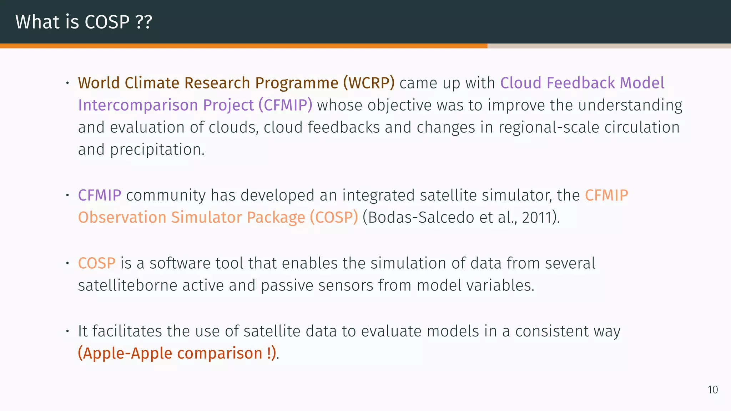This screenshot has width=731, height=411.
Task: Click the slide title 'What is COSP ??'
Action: [84, 22]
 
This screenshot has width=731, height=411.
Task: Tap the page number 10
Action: [712, 390]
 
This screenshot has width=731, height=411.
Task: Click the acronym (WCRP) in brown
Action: [369, 83]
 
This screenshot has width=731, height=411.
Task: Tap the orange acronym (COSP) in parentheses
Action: [333, 218]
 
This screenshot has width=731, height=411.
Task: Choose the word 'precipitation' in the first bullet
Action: [157, 150]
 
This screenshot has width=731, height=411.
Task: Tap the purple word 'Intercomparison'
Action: [138, 105]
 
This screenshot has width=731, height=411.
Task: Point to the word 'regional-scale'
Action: [549, 128]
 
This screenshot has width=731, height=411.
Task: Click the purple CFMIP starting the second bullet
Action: [100, 196]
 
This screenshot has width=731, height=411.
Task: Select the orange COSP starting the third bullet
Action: [97, 263]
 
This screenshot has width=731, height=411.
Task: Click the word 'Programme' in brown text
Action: [297, 83]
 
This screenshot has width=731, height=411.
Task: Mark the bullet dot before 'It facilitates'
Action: [67, 331]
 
